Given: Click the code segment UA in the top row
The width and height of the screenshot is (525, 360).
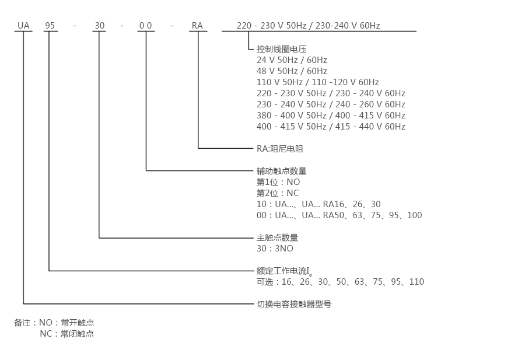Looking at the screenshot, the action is pos(23,26).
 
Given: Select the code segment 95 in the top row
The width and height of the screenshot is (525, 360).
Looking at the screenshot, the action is pos(50,26).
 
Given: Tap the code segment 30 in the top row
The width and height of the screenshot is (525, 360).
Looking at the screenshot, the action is pos(100,26).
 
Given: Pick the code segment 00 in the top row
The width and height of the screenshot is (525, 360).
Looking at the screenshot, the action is pos(146,26).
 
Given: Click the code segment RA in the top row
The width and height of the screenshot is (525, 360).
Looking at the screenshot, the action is pos(197,26).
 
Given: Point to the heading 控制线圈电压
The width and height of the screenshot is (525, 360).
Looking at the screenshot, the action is pos(281,49).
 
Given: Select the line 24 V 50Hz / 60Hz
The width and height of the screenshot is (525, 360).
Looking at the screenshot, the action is pos(292,60).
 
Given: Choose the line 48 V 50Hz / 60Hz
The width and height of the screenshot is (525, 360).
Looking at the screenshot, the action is pos(292,71).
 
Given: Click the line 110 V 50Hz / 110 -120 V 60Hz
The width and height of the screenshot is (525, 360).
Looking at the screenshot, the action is pos(317,82).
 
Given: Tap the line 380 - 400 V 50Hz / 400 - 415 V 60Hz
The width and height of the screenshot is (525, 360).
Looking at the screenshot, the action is pos(331,116).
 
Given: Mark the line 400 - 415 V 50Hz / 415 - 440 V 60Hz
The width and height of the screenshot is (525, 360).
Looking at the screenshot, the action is pos(331,127).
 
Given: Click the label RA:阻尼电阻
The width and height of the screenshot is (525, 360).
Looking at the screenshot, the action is pos(280,149).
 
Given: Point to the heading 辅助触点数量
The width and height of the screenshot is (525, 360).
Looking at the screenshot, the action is pos(281,171).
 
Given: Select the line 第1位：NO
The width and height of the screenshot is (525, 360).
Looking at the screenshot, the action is pos(278,182).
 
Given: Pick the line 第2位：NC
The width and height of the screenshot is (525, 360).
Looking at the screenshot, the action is pos(278,193).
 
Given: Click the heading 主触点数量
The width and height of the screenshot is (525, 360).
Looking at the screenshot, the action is pos(277,237).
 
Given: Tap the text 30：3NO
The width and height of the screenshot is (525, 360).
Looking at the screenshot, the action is pos(275,249).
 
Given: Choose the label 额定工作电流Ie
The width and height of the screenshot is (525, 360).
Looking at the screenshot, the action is pos(284,271).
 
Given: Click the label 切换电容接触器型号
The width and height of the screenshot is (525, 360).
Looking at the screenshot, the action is pos(294,304).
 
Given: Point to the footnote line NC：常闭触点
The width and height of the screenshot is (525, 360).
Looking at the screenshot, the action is pos(66,334).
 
